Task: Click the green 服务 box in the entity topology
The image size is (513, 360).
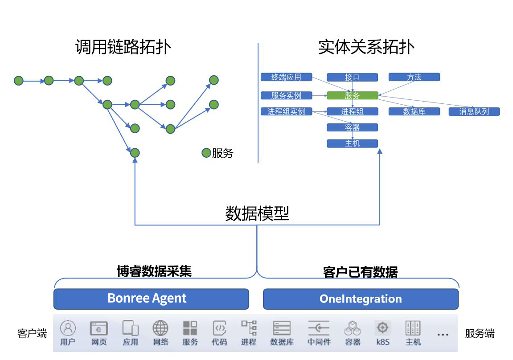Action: (352, 95)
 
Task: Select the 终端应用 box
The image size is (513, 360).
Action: (286, 77)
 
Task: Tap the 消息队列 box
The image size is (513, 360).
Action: (474, 111)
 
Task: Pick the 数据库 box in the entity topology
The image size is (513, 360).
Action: (414, 111)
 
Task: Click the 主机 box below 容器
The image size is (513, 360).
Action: (352, 143)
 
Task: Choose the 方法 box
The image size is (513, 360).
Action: (414, 77)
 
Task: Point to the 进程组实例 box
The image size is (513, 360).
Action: (286, 111)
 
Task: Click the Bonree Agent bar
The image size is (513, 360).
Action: (151, 299)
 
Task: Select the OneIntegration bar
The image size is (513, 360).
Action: (361, 299)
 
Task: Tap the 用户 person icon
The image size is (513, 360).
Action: (68, 328)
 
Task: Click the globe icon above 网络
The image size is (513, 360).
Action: (160, 328)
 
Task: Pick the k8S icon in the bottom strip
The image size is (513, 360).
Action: (382, 328)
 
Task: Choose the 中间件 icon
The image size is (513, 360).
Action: (319, 328)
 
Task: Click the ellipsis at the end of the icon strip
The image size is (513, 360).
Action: (443, 334)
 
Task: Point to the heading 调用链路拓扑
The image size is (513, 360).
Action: (123, 47)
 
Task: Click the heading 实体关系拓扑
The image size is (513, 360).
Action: (366, 47)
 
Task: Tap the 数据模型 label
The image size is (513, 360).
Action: (257, 214)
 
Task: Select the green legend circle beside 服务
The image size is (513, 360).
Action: (206, 153)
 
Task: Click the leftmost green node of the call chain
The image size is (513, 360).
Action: (18, 81)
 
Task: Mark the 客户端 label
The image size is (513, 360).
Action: (32, 334)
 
